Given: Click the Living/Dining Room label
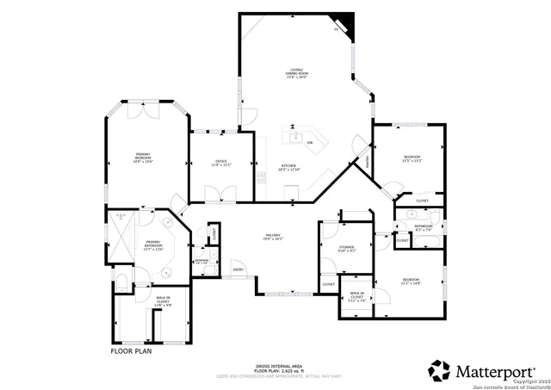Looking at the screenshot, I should (x=298, y=72).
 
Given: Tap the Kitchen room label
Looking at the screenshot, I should (x=288, y=168).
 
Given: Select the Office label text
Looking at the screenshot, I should (x=220, y=164).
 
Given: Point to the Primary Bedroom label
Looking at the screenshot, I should (x=143, y=158).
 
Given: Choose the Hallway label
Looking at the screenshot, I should (x=273, y=238).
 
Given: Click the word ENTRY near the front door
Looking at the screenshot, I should (x=238, y=269).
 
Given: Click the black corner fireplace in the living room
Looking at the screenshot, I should (x=344, y=21).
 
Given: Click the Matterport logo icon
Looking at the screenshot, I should (x=439, y=370).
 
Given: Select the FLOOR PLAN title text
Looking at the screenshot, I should (x=131, y=351).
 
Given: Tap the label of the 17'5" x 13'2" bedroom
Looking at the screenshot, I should (x=411, y=158).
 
